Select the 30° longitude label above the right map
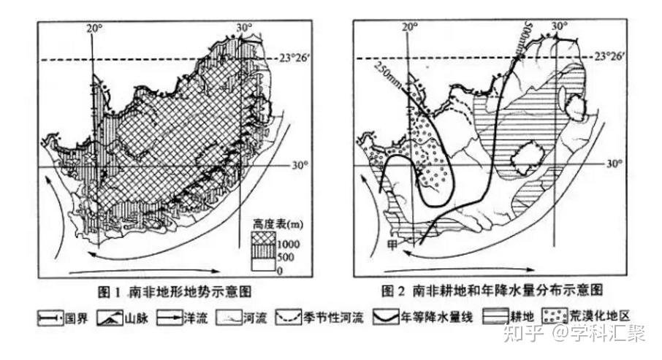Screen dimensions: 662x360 tap(560, 26)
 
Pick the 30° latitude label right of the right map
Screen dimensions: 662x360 tap(615, 164)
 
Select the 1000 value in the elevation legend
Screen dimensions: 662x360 tap(286, 242)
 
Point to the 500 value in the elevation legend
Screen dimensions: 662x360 tap(284, 257)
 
